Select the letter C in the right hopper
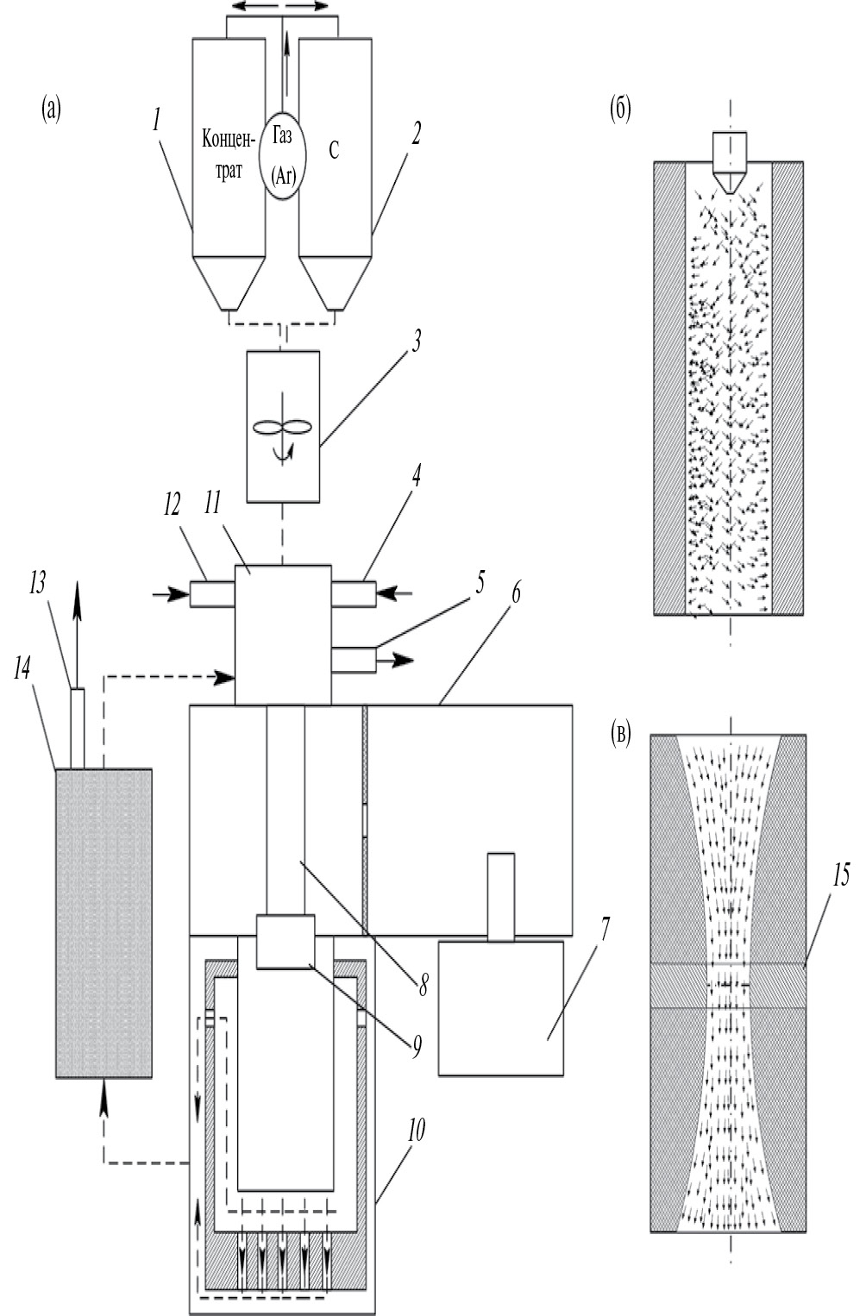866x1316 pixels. [334, 150]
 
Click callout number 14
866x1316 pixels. [22, 670]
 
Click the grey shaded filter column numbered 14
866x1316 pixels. [104, 923]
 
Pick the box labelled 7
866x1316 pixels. [500, 1007]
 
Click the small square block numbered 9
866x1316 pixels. [286, 941]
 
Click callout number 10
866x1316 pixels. [416, 1131]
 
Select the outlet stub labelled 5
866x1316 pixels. [354, 660]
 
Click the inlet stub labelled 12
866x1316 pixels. [212, 593]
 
